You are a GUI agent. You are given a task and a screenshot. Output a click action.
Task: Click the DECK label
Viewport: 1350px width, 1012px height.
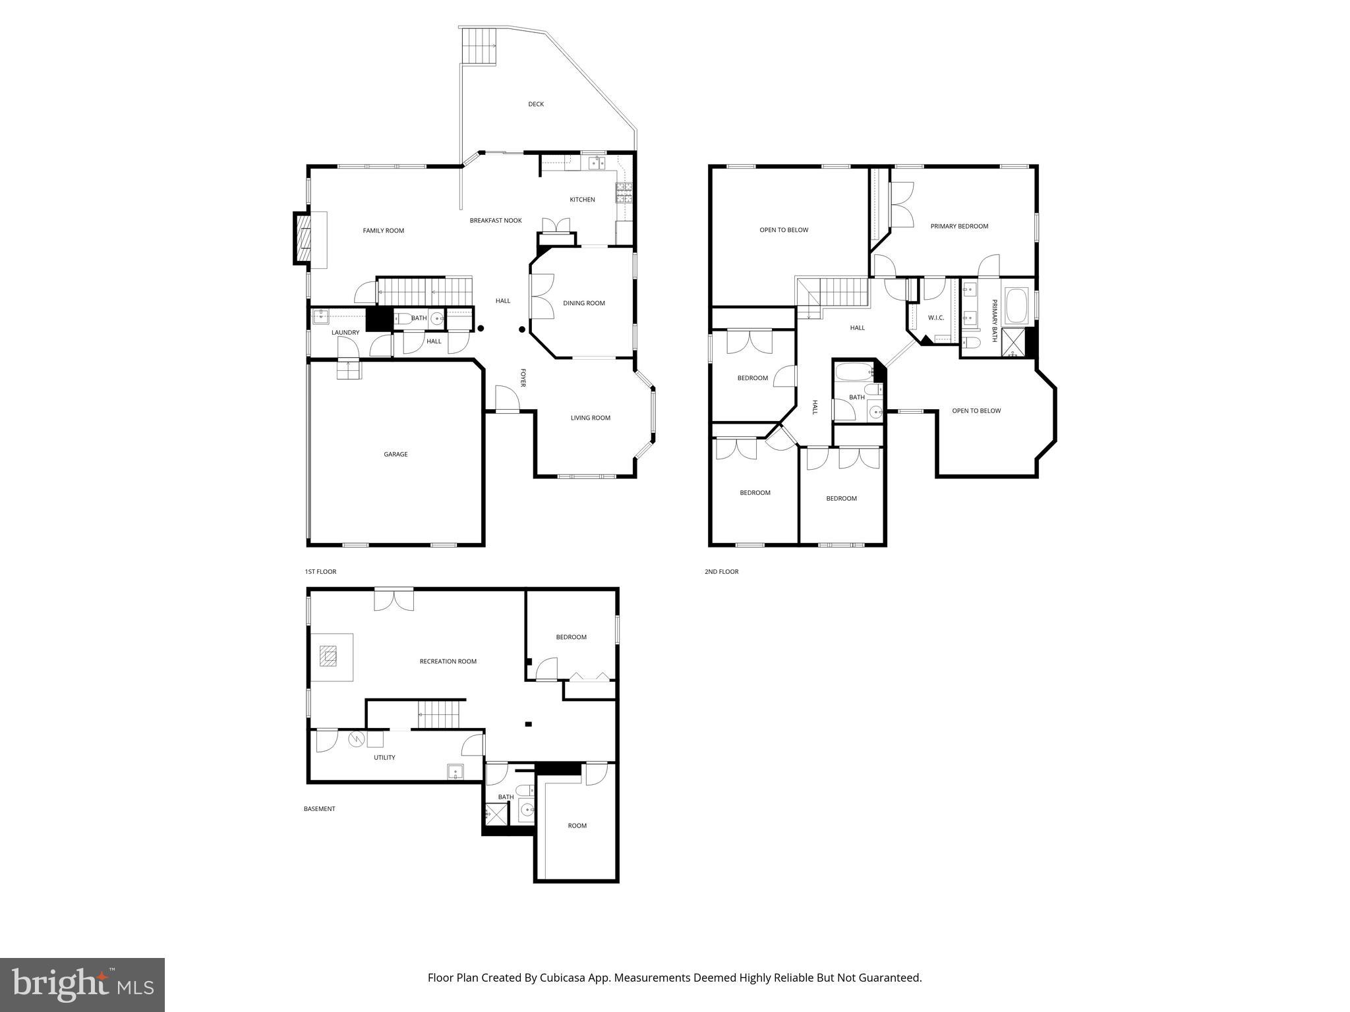pos(535,104)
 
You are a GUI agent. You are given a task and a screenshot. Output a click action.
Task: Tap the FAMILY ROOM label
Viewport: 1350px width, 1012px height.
pos(383,231)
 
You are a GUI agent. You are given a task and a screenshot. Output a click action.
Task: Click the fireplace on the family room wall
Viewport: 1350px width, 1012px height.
pos(303,239)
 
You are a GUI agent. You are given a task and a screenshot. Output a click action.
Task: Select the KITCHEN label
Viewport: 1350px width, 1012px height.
pos(582,200)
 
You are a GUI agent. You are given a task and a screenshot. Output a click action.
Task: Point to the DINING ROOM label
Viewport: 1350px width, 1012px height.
pos(583,303)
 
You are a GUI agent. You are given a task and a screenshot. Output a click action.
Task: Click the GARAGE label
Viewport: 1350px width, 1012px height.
pos(396,454)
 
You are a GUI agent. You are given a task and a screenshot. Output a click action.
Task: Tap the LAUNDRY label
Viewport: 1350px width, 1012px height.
pos(345,333)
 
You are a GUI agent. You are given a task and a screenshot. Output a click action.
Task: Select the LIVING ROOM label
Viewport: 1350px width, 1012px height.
pos(590,418)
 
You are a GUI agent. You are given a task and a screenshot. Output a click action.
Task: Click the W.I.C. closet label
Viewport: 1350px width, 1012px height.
pos(935,318)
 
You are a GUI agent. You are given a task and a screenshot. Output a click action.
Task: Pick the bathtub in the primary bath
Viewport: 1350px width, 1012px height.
pos(1016,306)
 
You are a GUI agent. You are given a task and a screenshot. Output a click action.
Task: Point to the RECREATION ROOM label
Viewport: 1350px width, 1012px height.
pos(448,661)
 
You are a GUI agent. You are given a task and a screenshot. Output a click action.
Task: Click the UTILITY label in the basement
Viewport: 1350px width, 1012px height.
pos(384,758)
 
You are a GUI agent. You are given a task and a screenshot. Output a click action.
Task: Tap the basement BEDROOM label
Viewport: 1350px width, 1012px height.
pos(571,637)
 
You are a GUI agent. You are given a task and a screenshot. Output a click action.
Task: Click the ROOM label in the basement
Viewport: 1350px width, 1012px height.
pos(577,826)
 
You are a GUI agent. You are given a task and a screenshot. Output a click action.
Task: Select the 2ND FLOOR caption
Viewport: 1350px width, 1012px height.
pos(721,572)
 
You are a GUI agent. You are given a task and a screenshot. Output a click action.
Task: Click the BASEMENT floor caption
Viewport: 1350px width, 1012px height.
pos(319,809)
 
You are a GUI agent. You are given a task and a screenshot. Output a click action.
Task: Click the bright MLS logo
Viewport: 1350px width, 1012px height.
pos(82,985)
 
